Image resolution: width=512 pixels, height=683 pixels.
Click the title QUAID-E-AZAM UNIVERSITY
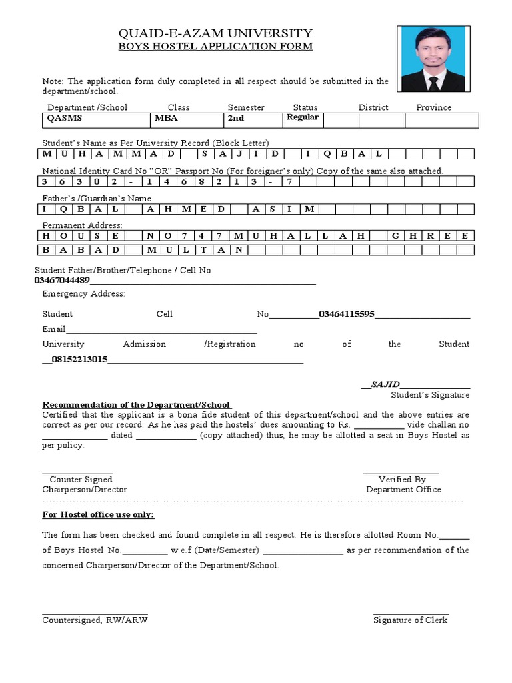point(215,33)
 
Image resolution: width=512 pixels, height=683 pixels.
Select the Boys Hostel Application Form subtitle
point(215,46)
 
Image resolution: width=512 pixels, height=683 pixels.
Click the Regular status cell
point(303,117)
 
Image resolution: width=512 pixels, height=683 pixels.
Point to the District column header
point(373,107)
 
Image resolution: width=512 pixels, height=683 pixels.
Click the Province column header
point(433,107)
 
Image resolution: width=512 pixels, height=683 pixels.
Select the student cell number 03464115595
point(347,314)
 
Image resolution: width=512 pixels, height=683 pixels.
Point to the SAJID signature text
point(385,384)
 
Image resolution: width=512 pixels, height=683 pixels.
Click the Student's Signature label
point(430,396)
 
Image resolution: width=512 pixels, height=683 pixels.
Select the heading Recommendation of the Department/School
point(137,405)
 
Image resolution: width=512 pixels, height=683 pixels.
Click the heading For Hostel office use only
point(98,515)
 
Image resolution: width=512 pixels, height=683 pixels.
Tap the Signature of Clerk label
point(410,620)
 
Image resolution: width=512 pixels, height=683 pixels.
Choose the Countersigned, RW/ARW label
point(95,620)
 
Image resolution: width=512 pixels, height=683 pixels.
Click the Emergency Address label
point(83,294)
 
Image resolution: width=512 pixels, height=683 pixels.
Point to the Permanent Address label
point(82,226)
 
